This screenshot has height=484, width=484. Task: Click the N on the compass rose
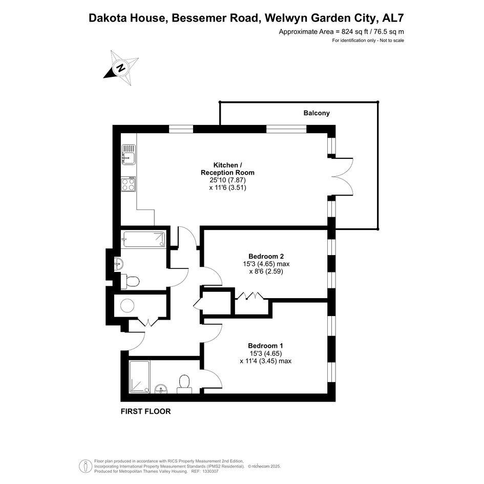(x=121, y=68)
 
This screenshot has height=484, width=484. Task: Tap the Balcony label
(x=317, y=113)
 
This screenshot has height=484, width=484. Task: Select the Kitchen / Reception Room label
(x=227, y=169)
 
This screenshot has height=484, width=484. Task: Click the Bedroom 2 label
(x=266, y=256)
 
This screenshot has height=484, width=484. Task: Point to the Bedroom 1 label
(x=265, y=346)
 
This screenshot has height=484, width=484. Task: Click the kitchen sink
(x=129, y=155)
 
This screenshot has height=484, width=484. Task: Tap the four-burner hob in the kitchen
(x=129, y=184)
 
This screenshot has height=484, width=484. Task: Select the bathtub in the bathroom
(x=143, y=240)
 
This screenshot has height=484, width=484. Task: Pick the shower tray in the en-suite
(x=139, y=377)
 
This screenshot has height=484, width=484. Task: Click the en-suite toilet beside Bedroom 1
(x=184, y=384)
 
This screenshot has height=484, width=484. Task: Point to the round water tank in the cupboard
(x=127, y=306)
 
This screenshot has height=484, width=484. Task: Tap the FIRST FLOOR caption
(x=145, y=411)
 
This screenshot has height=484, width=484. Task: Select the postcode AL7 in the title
(x=393, y=18)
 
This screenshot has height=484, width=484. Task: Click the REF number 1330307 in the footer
(x=209, y=471)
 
